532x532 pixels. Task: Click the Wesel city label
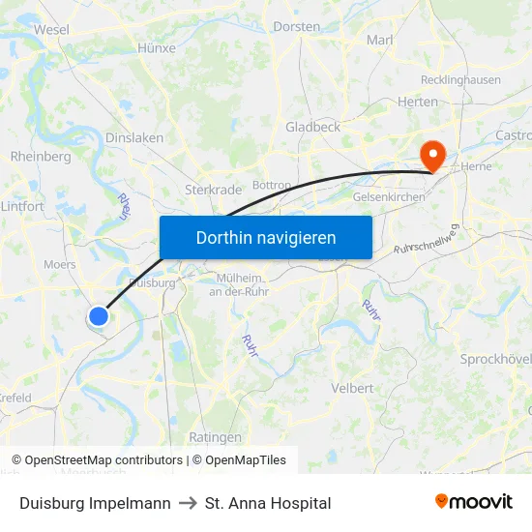(51, 29)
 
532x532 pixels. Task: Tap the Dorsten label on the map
(297, 26)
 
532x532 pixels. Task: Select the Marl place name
(380, 40)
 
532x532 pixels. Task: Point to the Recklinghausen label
(460, 80)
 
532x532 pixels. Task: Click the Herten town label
(418, 102)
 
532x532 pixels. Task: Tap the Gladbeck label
(312, 127)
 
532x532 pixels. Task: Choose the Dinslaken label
(133, 137)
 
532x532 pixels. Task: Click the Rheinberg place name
(41, 156)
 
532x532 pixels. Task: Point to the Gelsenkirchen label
(390, 197)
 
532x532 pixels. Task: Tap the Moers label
(60, 264)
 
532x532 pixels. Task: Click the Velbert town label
(352, 388)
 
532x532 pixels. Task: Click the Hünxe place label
(157, 47)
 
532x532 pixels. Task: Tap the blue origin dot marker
(99, 315)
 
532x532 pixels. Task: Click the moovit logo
(473, 502)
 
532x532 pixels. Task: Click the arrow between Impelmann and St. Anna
(188, 503)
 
